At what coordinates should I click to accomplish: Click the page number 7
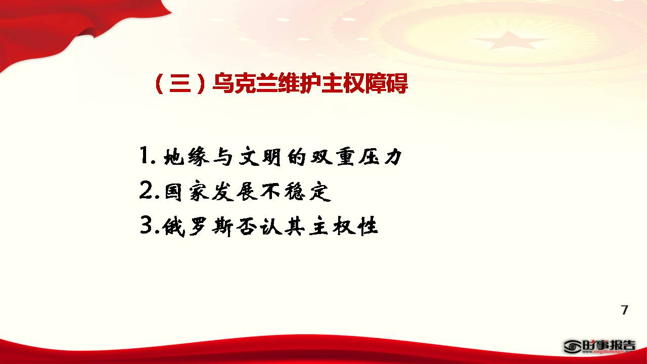pyautogui.click(x=624, y=310)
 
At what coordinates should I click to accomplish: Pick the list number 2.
pyautogui.click(x=146, y=190)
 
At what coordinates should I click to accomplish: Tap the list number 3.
pyautogui.click(x=146, y=225)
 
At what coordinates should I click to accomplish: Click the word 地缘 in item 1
pyautogui.click(x=187, y=157)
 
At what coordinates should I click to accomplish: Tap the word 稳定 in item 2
pyautogui.click(x=307, y=191)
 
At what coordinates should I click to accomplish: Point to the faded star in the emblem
pyautogui.click(x=509, y=41)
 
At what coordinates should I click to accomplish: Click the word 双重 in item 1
pyautogui.click(x=333, y=157)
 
